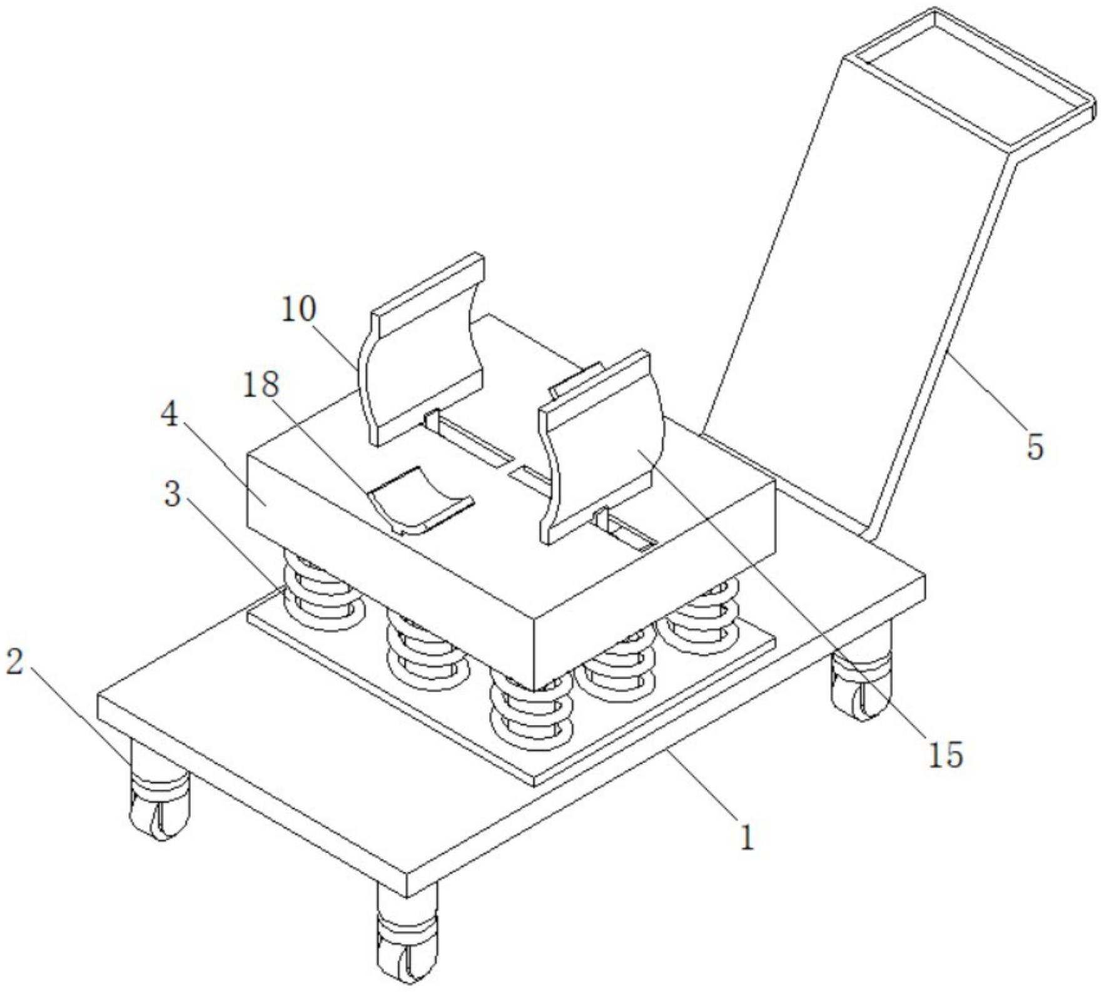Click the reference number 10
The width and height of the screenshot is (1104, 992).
299,309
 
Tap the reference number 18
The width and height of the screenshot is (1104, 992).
260,385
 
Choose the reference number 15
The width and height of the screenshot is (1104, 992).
944,755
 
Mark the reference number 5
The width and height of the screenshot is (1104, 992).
1035,448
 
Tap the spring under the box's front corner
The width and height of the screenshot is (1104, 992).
532,707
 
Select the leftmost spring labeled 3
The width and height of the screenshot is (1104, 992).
322,594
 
